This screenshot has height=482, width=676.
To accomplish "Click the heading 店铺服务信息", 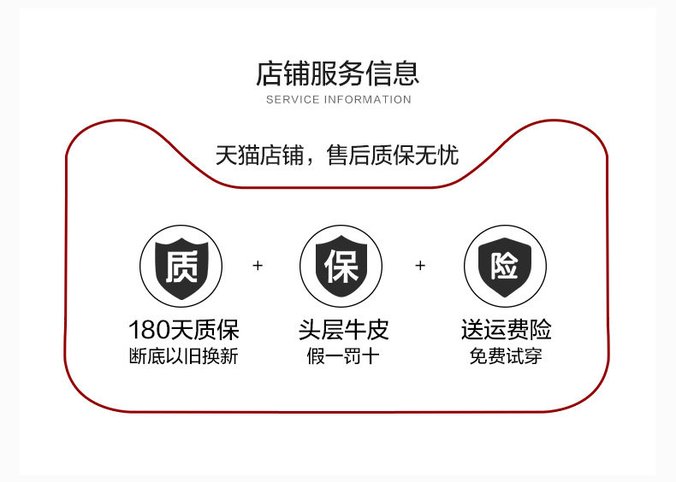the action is tap(338, 73).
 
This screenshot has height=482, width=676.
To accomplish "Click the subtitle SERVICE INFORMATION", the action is tap(338, 100).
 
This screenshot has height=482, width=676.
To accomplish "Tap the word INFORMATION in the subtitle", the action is tap(367, 100).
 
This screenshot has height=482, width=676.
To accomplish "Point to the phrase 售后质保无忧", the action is tap(393, 156).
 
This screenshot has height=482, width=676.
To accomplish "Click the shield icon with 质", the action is tap(181, 266).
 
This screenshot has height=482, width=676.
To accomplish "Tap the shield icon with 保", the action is tap(341, 266).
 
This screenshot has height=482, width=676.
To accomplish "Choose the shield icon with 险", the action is tap(504, 266).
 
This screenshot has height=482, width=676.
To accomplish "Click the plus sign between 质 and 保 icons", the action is tap(258, 266).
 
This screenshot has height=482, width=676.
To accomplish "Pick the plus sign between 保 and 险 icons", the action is tap(420, 266).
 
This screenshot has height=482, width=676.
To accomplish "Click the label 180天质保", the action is tap(183, 330).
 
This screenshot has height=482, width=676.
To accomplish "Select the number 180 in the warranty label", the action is tap(147, 330).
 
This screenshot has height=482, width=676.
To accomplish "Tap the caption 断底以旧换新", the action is tap(183, 356).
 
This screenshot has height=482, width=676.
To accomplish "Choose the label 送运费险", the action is tap(506, 330).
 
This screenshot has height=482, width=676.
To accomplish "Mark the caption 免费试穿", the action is tap(506, 356).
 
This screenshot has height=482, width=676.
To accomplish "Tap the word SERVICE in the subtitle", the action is tap(293, 100).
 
